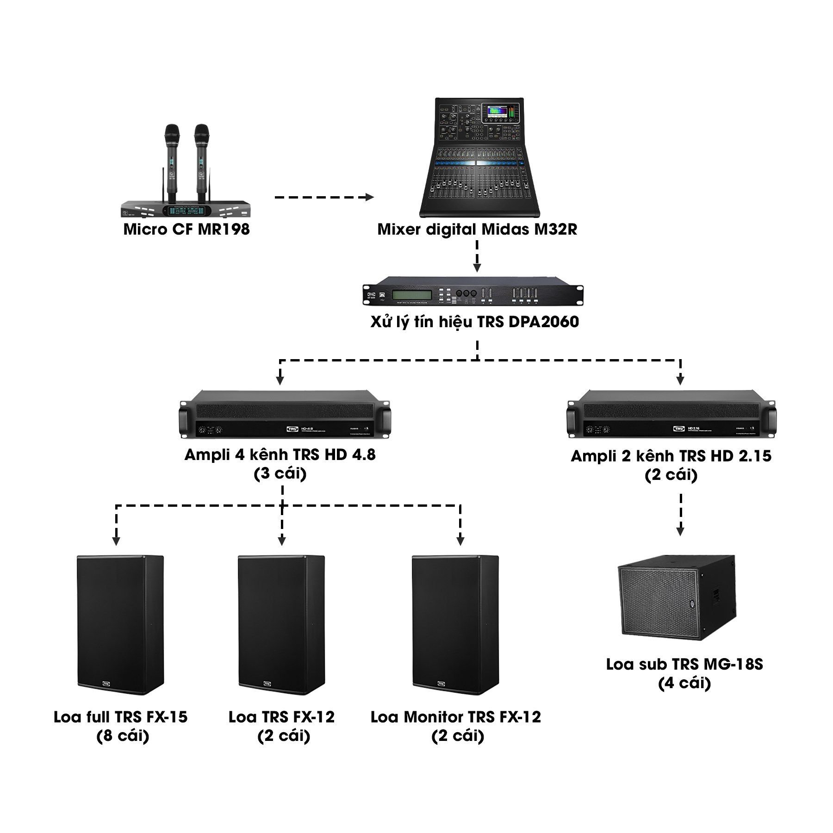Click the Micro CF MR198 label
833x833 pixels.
[x=186, y=230]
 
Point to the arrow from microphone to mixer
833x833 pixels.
[x=324, y=198]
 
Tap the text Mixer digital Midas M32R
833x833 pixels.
[x=478, y=230]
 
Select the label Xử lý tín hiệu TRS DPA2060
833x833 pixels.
[x=474, y=322]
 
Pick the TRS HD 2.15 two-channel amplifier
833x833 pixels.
[x=671, y=414]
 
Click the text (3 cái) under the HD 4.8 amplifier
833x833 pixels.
[x=280, y=474]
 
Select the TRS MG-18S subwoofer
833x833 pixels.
[x=677, y=597]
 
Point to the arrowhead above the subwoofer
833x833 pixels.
[x=680, y=531]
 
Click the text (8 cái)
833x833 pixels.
[x=123, y=736]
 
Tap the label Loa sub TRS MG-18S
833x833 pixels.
[x=684, y=665]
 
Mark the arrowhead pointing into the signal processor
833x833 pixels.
[x=477, y=267]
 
